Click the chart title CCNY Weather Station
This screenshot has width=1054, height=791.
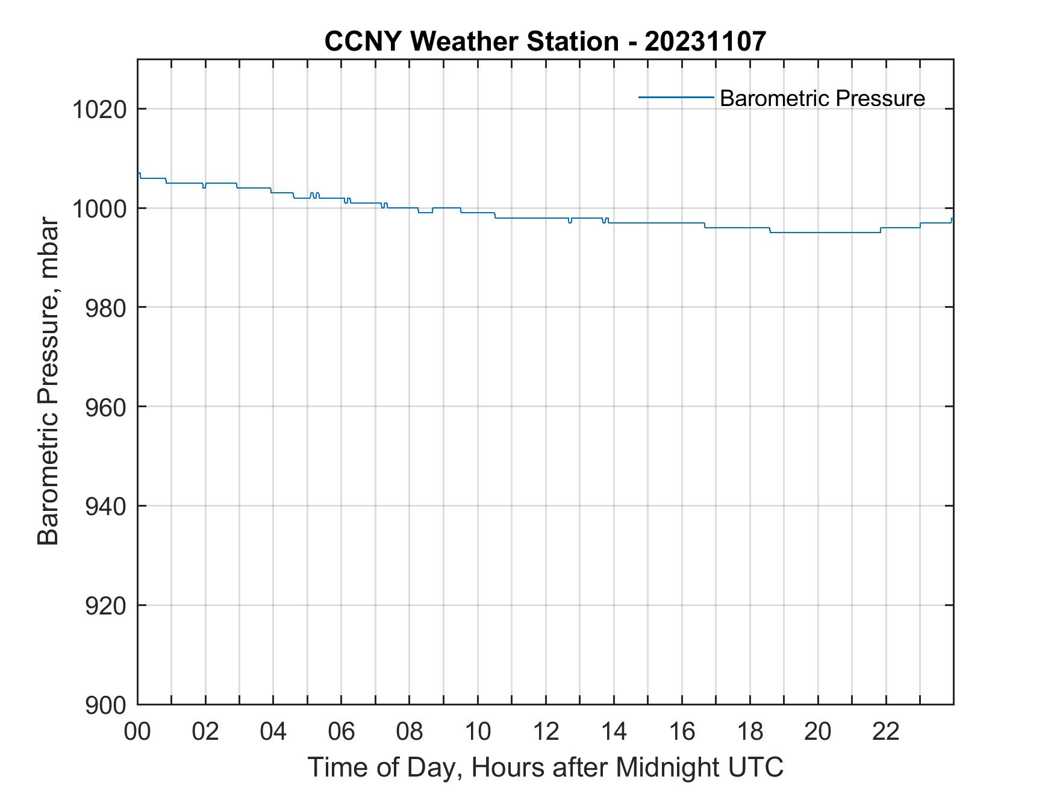click(471, 42)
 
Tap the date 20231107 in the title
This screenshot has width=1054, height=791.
click(705, 42)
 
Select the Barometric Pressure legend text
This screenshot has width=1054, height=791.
click(822, 98)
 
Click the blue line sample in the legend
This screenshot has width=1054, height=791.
click(676, 97)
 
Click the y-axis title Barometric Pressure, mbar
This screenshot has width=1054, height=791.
click(48, 381)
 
